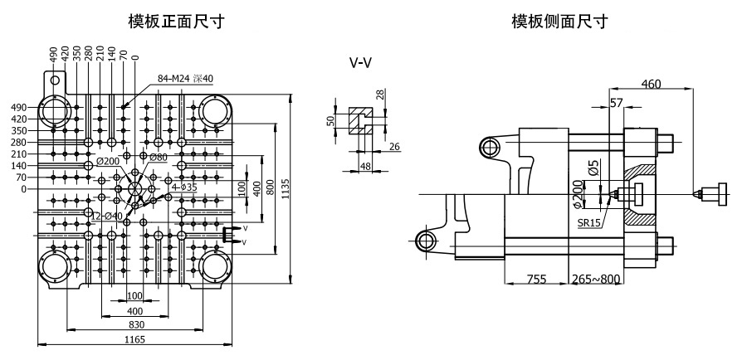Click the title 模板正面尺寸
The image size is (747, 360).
(x=176, y=22)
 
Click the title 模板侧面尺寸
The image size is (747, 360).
(x=559, y=22)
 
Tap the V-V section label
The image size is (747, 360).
(x=360, y=62)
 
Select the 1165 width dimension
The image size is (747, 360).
(x=134, y=339)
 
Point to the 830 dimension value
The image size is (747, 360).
(x=135, y=325)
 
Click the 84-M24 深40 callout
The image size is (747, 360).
(x=185, y=79)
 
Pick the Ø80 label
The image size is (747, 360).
(x=159, y=157)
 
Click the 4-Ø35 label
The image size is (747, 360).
(x=184, y=187)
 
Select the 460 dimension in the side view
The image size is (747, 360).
(x=651, y=84)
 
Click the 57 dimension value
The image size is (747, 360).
(x=617, y=102)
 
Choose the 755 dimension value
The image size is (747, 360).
(x=536, y=279)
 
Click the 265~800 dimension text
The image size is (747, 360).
(x=597, y=279)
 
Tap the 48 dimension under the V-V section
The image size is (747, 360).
(x=365, y=166)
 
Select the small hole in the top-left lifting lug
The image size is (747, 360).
(x=56, y=80)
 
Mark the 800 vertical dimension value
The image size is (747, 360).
(x=271, y=189)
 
